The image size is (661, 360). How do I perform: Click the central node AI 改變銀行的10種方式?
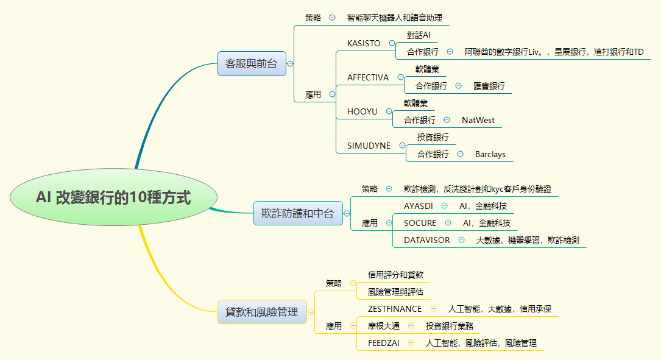[113, 197]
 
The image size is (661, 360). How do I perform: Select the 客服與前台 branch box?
[252, 63]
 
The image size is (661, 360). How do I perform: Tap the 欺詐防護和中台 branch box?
[298, 213]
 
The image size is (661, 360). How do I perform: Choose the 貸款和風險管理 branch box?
[262, 312]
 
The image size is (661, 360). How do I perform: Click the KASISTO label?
[364, 44]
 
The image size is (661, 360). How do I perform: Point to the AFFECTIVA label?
[368, 77]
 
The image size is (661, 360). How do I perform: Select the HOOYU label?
[362, 111]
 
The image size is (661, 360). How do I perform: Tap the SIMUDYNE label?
[369, 146]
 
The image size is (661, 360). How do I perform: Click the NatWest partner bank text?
[478, 120]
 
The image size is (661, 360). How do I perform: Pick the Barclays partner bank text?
[490, 154]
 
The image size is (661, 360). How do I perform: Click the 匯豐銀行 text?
[489, 86]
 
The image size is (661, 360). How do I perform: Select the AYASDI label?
[419, 206]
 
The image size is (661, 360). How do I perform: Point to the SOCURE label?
[420, 223]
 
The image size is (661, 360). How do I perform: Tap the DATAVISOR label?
[427, 240]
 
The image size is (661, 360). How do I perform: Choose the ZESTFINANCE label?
[395, 309]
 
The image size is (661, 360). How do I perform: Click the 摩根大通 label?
[384, 326]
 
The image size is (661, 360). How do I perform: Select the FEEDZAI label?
[384, 343]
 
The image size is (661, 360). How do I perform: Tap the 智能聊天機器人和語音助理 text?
[394, 18]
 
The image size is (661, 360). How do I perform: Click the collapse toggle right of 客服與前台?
[291, 63]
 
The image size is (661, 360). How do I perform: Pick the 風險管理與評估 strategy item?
[395, 292]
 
